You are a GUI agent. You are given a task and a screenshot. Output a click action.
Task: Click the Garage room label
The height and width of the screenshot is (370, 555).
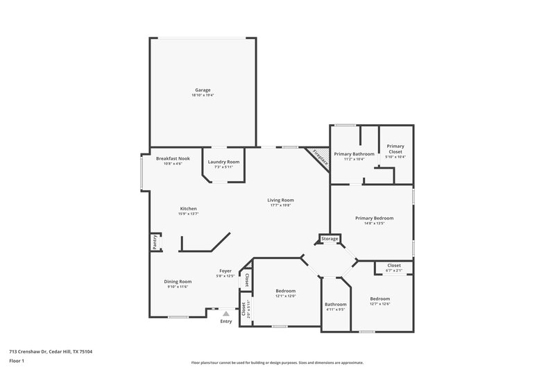(203, 90)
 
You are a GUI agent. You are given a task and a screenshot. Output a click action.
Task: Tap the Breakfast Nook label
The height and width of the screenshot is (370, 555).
(173, 158)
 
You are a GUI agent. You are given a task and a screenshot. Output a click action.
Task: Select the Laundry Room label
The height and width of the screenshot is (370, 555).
(223, 162)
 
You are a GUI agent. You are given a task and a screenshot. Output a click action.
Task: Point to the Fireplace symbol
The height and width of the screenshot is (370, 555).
(319, 156)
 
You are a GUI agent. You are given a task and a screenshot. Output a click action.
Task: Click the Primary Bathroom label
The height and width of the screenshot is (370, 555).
(354, 154)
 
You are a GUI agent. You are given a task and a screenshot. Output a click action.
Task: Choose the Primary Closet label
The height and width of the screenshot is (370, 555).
(395, 146)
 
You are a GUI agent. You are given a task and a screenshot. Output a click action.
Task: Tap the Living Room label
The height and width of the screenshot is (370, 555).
(281, 201)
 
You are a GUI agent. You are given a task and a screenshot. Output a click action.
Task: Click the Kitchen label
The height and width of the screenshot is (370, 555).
(189, 209)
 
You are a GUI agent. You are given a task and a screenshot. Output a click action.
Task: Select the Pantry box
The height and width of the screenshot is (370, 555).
(154, 242)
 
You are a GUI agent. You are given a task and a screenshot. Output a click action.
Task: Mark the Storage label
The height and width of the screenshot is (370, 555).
(330, 239)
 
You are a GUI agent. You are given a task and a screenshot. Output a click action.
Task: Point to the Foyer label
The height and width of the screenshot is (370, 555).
(225, 271)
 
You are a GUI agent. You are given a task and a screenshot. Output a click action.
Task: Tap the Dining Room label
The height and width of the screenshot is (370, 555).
(178, 281)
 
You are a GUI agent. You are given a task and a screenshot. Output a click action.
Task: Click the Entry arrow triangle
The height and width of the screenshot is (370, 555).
(225, 314)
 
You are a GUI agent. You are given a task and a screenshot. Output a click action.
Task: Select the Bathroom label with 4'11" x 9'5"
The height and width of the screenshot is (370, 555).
(335, 304)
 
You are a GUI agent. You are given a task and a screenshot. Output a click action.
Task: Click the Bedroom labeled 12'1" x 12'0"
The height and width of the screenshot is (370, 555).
(286, 291)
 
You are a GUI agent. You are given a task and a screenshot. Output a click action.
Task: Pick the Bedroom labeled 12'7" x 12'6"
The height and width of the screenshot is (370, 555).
(379, 298)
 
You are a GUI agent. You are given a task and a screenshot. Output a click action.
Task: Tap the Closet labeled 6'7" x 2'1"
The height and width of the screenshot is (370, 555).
(394, 265)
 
